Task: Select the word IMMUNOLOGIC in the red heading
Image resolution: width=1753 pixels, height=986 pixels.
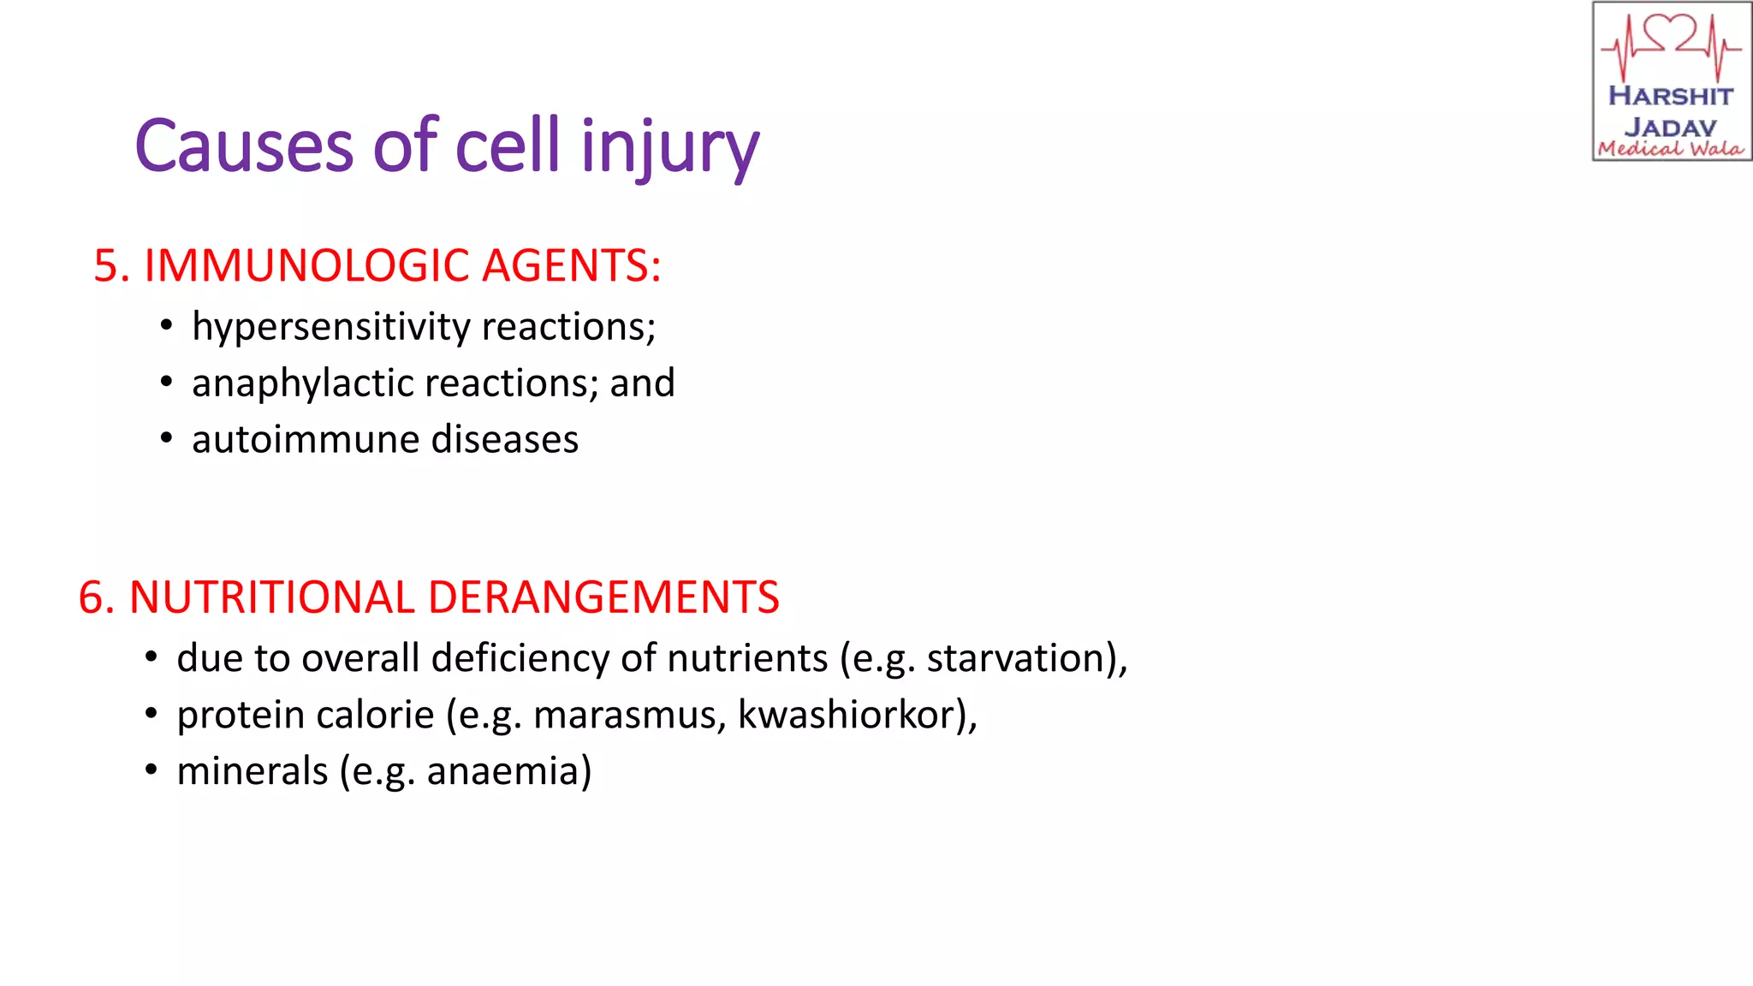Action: pos(306,265)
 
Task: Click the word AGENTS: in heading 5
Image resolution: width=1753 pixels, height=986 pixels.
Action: pos(572,265)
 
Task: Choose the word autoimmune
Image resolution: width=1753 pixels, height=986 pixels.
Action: pos(305,440)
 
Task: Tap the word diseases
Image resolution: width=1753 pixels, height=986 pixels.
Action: pos(505,440)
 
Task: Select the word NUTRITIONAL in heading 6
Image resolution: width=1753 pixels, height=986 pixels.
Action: pos(271,597)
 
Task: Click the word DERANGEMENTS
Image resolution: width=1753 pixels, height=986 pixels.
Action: pos(603,597)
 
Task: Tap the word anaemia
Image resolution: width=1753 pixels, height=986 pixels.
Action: pos(504,772)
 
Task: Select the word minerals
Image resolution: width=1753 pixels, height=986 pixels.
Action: pos(252,772)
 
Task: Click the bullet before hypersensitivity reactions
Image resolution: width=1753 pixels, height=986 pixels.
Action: pos(167,325)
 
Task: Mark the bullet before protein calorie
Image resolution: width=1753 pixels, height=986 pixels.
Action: pos(152,713)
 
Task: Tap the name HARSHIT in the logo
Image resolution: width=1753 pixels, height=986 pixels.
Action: pos(1671,96)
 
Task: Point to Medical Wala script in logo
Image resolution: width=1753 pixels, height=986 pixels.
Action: pos(1671,149)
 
